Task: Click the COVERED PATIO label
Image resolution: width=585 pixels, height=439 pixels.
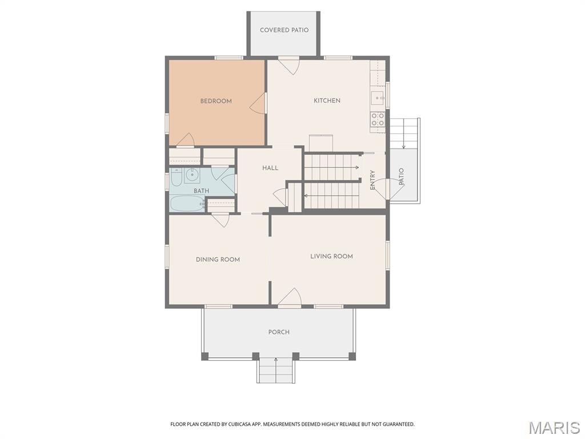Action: click(283, 30)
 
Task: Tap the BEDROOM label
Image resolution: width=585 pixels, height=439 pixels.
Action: click(216, 101)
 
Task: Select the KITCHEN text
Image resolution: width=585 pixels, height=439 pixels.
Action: click(327, 101)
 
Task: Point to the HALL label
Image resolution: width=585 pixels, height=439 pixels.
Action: click(270, 168)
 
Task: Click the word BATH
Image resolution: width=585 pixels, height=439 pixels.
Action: click(201, 191)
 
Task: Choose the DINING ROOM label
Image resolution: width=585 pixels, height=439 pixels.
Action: click(218, 260)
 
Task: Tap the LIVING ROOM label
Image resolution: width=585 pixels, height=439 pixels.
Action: click(331, 256)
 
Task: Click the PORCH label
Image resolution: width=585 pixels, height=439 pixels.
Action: click(279, 332)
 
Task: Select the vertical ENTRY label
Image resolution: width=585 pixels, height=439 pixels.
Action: click(372, 180)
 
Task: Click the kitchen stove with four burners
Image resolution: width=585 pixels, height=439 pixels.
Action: click(378, 119)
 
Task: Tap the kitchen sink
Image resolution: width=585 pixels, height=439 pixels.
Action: click(378, 98)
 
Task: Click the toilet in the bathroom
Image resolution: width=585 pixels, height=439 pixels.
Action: click(177, 179)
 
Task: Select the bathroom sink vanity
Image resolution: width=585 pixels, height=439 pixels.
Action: click(192, 174)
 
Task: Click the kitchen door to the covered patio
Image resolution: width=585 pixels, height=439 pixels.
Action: click(289, 66)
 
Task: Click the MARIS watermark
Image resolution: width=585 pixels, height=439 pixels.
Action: click(554, 428)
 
